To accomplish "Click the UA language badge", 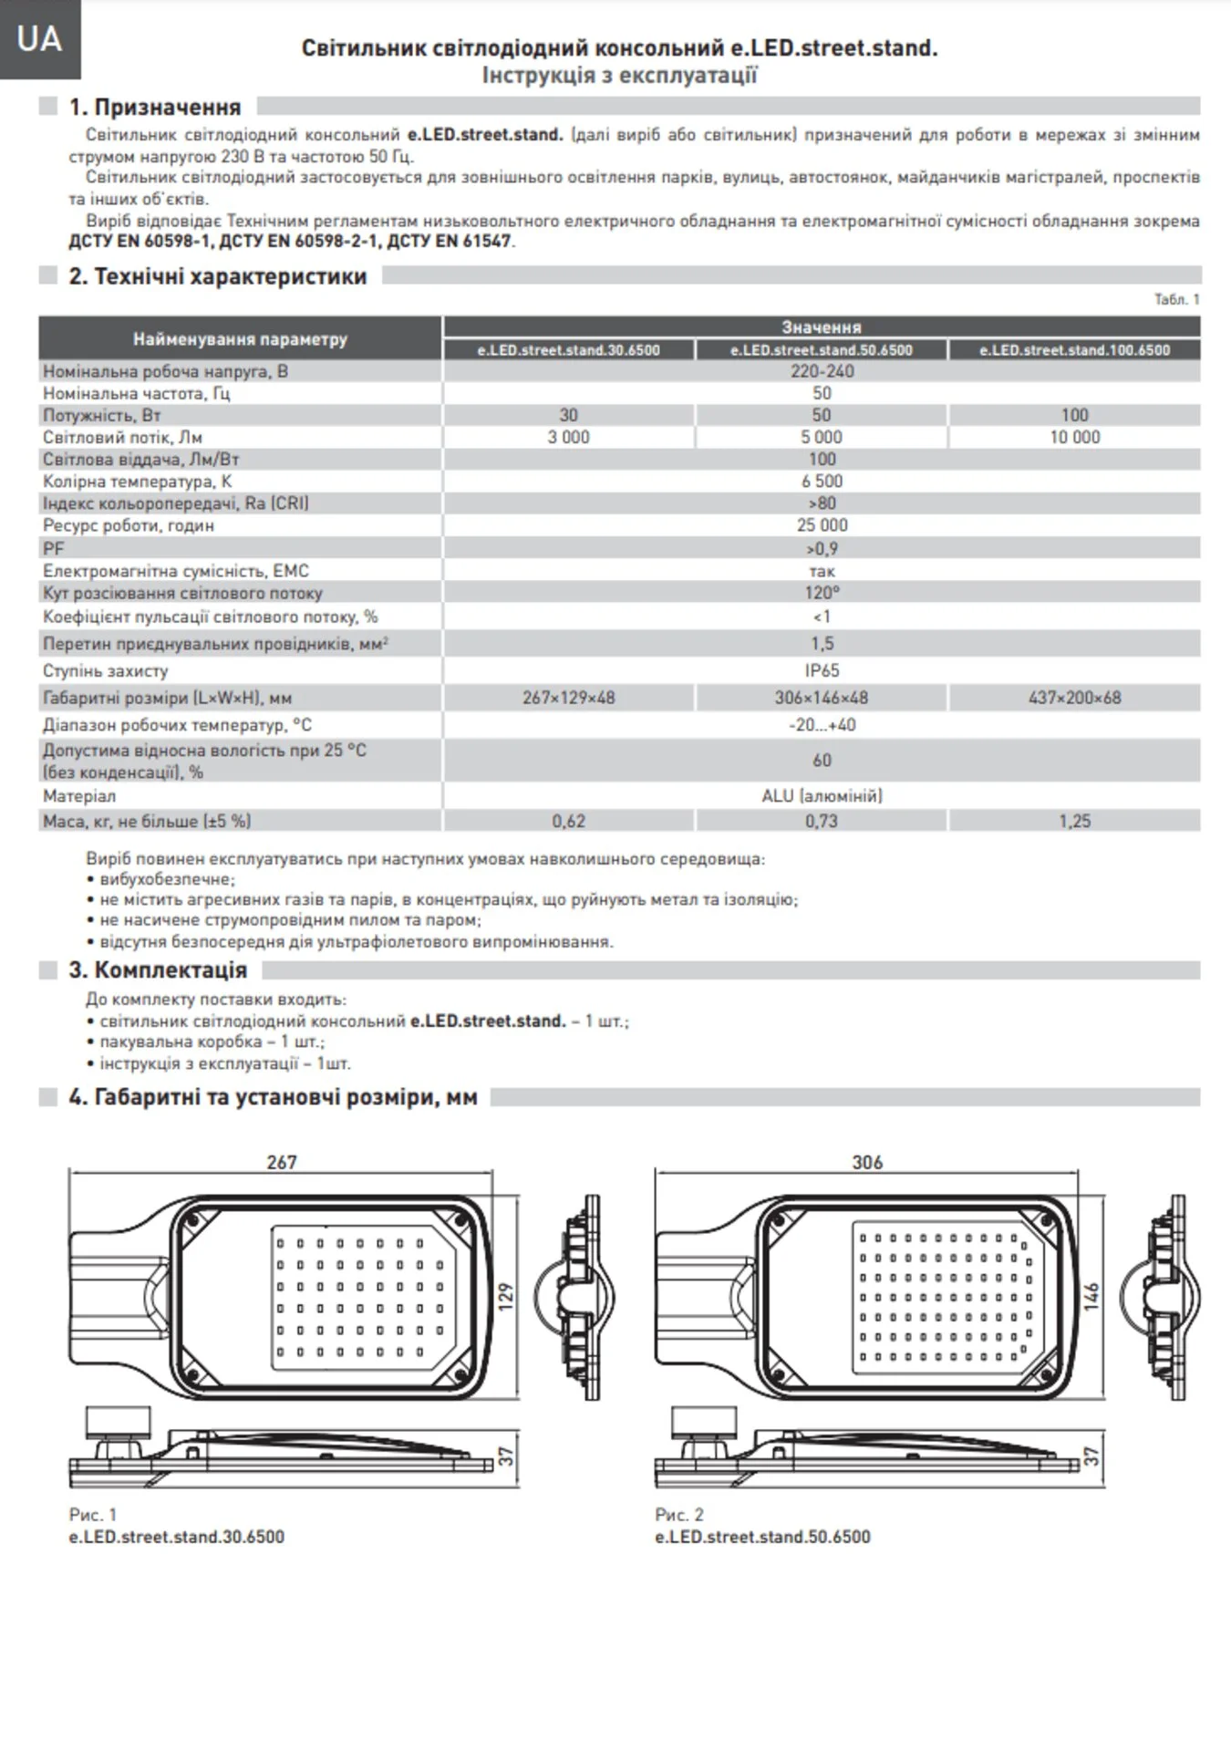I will click(x=39, y=39).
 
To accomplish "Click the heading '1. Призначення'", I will click(x=154, y=108).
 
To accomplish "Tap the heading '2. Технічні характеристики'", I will click(x=217, y=276).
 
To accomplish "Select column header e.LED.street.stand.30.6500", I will click(x=568, y=350).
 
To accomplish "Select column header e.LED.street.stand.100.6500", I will click(x=1074, y=350).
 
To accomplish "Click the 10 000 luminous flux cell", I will click(x=1074, y=438).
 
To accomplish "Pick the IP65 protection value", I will click(x=822, y=670).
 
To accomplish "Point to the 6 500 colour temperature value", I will click(x=822, y=482).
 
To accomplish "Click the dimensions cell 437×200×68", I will click(x=1074, y=698).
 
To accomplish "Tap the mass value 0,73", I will click(x=822, y=821).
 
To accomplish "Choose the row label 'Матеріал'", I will click(x=79, y=796).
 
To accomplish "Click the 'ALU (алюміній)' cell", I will click(x=822, y=796).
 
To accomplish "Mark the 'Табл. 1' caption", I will click(x=1176, y=299).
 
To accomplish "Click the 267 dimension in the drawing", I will click(x=282, y=1162).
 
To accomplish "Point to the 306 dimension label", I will click(x=867, y=1162).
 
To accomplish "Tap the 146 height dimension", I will click(x=1091, y=1296).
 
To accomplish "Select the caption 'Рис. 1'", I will click(x=93, y=1515).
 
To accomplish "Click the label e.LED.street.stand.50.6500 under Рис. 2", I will click(x=762, y=1537).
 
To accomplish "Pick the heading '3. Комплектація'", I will click(x=157, y=969).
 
